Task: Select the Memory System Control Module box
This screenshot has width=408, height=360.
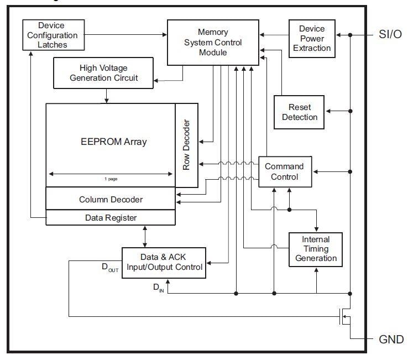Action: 212,42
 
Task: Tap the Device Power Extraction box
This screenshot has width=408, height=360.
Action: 312,38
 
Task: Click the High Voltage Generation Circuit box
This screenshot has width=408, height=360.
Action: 103,73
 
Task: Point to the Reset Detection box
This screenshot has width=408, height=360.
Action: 300,112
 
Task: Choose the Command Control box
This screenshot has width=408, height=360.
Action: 284,171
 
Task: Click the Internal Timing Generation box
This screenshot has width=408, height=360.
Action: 316,249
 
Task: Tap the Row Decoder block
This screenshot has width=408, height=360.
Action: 186,145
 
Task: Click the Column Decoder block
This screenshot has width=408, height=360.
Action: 111,199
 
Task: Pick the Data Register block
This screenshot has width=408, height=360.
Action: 111,218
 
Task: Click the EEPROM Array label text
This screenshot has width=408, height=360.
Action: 113,141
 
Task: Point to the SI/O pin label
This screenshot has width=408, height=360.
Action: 391,35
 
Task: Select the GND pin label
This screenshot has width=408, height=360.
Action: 390,339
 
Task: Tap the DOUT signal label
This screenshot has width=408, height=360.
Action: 109,268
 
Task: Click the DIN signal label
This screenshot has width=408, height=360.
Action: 158,288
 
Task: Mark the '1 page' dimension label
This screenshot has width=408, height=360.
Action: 111,179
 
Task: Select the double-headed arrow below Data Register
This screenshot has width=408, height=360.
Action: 145,236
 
